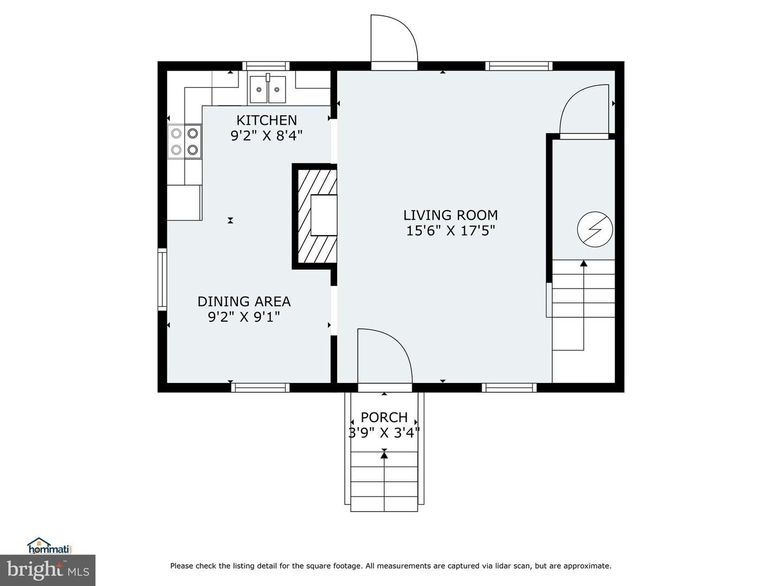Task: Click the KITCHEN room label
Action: pos(267,120)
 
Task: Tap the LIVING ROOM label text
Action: pos(450,215)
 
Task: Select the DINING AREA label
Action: pos(244,301)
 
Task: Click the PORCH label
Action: pos(384,417)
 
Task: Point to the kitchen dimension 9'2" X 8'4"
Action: pos(267,135)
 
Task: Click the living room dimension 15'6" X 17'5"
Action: pos(450,231)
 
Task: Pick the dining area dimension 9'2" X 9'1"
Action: pos(244,316)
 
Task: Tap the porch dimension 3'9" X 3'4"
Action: pos(384,432)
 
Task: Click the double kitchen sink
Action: pos(268,90)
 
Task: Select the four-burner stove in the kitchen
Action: pos(185,141)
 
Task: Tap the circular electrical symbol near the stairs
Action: pos(595,230)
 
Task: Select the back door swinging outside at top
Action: pos(393,39)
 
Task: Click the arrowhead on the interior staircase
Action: pos(584,264)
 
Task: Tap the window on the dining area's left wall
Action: pos(162,279)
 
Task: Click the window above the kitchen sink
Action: pos(266,66)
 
